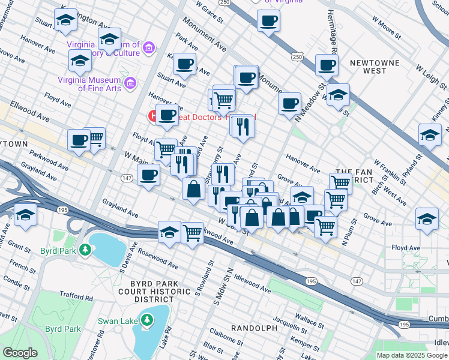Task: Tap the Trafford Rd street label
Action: [x=76, y=296]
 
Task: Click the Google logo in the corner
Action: [x=20, y=353]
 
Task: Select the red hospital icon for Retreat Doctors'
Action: [x=152, y=116]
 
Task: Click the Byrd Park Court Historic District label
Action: [x=145, y=290]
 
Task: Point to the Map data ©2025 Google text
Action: [x=412, y=355]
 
